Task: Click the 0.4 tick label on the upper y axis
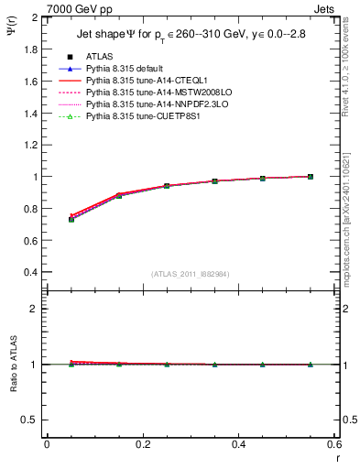pyautogui.click(x=30, y=272)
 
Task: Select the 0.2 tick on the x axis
pyautogui.click(x=142, y=445)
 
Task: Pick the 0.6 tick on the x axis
pyautogui.click(x=333, y=445)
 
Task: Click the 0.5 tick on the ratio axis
pyautogui.click(x=30, y=420)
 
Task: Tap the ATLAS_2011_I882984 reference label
pyautogui.click(x=191, y=274)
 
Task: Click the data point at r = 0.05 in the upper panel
pyautogui.click(x=71, y=220)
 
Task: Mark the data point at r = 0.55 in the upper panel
pyautogui.click(x=311, y=177)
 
